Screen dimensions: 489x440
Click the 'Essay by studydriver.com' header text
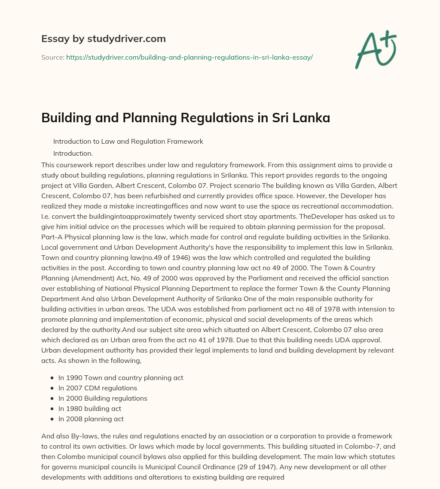click(x=103, y=39)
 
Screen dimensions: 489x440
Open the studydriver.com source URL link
click(x=189, y=57)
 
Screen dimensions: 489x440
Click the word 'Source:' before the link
click(x=52, y=57)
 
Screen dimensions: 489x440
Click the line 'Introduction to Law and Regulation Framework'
click(x=128, y=141)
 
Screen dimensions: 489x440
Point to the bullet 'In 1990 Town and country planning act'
click(x=121, y=377)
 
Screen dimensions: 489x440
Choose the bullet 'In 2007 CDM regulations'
click(x=98, y=388)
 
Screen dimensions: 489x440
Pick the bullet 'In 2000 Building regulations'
click(x=103, y=398)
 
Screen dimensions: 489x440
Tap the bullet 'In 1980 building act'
click(x=90, y=408)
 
